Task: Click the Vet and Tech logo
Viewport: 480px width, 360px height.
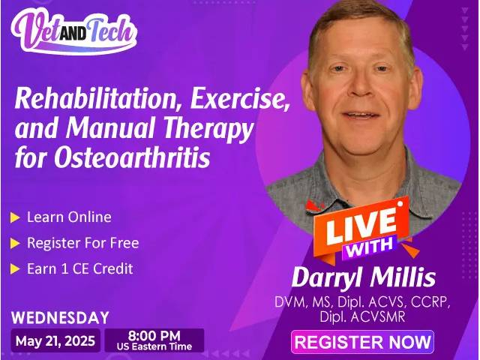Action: [74, 31]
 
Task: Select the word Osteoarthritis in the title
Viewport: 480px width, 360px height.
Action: [132, 157]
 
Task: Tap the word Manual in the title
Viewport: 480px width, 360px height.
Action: [110, 127]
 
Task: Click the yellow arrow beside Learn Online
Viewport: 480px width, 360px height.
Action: [15, 217]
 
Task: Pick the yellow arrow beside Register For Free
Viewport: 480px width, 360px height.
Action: [15, 243]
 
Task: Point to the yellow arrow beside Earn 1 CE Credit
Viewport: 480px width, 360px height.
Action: [15, 269]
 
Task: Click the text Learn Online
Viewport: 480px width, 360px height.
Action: [69, 217]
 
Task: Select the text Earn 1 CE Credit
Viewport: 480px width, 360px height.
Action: [80, 268]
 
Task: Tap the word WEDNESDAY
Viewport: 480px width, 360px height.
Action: [60, 317]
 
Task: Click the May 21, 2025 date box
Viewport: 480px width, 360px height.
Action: [55, 340]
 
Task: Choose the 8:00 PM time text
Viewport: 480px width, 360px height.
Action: [154, 336]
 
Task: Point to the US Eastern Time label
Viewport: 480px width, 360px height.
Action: [154, 346]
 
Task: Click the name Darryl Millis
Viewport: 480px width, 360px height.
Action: [363, 277]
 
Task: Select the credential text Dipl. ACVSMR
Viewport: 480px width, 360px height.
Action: [362, 316]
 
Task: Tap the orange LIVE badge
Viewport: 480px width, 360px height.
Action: [361, 226]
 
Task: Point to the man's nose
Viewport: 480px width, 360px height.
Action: [362, 87]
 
